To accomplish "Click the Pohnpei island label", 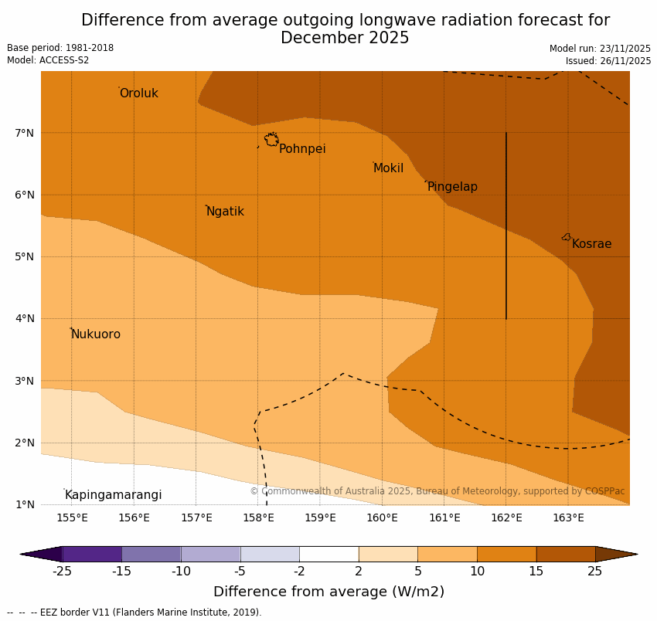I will [x=302, y=149].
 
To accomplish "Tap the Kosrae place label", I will [x=591, y=244].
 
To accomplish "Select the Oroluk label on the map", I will [x=139, y=93].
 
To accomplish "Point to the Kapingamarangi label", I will [x=114, y=495].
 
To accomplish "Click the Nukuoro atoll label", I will [x=96, y=334].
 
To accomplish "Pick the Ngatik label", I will [x=225, y=212].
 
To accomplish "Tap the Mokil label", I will [x=388, y=168].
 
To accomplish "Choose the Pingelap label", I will [x=452, y=187].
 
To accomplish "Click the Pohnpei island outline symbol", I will [x=271, y=140].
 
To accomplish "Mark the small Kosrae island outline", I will [x=567, y=237].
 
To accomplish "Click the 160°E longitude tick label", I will [x=382, y=517].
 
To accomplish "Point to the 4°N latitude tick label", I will [x=25, y=318].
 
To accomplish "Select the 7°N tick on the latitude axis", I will [x=25, y=133].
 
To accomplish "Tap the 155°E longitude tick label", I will [x=72, y=517].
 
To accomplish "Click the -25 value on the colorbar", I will [x=62, y=572].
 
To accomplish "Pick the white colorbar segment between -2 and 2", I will [x=328, y=554].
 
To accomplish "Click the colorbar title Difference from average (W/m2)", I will [x=328, y=592].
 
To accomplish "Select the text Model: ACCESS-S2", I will [x=48, y=60].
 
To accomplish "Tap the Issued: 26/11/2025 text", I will [x=608, y=61].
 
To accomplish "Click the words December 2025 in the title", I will [x=345, y=39].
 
